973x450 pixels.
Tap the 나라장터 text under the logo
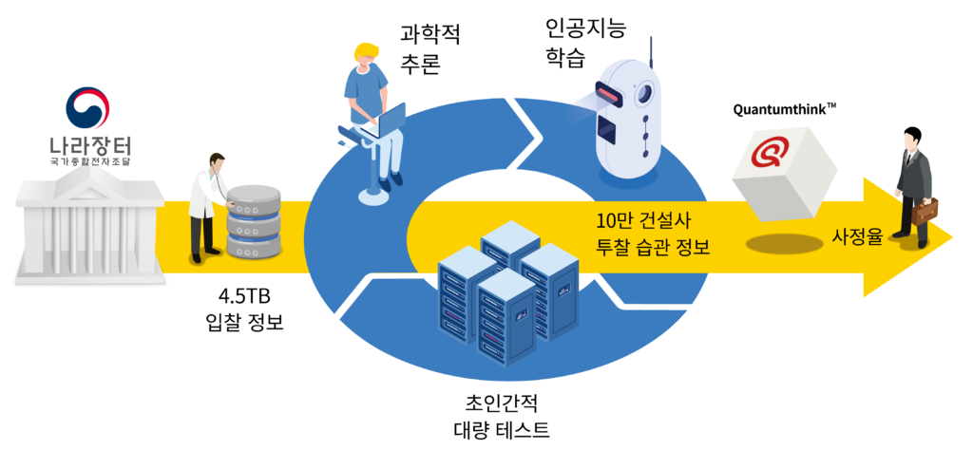tap(90, 147)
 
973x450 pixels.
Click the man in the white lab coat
tap(206, 205)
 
